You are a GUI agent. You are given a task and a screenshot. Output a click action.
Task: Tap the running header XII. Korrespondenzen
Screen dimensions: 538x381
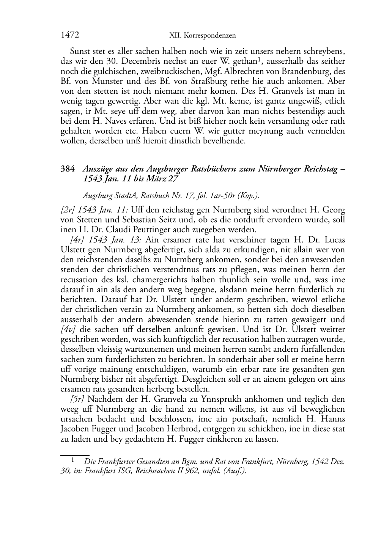(202, 36)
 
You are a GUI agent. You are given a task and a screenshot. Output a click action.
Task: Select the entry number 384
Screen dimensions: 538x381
(67, 169)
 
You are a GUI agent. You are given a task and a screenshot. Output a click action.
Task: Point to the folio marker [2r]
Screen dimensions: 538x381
(67, 210)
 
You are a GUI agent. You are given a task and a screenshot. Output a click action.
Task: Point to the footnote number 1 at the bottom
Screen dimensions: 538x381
(72, 460)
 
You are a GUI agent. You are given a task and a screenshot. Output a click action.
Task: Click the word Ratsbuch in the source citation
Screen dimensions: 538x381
(156, 196)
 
